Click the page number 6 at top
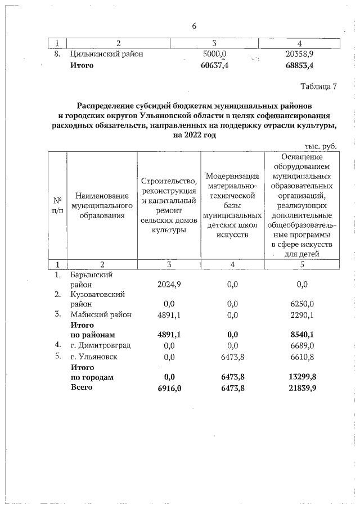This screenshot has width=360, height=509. [x=194, y=26]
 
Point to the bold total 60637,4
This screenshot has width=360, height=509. [x=215, y=66]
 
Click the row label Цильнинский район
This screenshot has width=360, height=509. [x=106, y=54]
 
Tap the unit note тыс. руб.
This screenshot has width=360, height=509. [x=321, y=146]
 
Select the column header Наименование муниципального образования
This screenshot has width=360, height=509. [x=101, y=205]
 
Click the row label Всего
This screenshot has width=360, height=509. [x=80, y=388]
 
